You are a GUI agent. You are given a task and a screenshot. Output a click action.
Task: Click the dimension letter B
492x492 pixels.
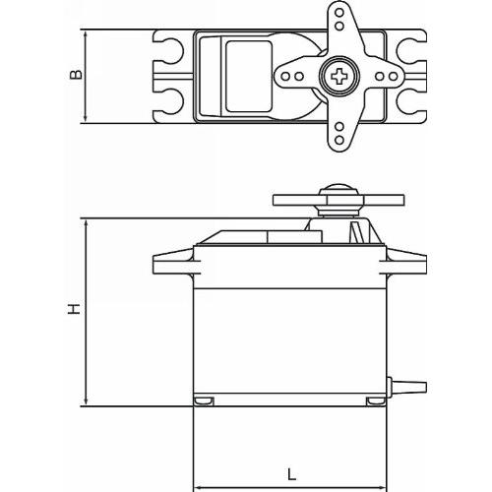[76, 74]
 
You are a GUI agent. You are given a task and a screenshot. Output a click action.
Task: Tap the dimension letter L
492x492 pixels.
[291, 474]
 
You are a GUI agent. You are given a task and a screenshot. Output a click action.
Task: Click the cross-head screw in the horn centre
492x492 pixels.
[339, 77]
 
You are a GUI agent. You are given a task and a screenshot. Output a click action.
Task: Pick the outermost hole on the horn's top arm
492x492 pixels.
[339, 14]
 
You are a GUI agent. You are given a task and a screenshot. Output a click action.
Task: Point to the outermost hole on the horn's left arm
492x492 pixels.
[285, 77]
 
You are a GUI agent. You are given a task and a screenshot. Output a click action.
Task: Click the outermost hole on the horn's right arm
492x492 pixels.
[394, 77]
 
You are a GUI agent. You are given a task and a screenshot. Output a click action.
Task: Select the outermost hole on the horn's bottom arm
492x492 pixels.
[339, 140]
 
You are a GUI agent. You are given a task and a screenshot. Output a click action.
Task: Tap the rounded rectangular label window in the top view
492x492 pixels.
[249, 77]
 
